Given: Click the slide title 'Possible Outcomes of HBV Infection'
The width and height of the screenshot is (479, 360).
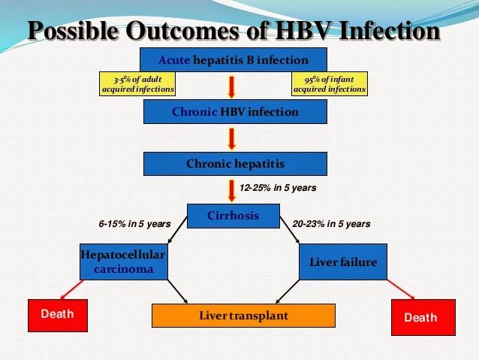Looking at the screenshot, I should pyautogui.click(x=233, y=31).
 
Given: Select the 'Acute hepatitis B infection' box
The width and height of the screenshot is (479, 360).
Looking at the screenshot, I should pyautogui.click(x=234, y=59).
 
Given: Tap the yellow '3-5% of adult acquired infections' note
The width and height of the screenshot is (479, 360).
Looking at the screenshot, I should pyautogui.click(x=137, y=84).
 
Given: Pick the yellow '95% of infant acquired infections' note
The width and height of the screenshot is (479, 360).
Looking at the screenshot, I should pyautogui.click(x=330, y=84).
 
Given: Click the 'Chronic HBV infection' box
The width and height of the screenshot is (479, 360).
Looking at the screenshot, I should pyautogui.click(x=235, y=112).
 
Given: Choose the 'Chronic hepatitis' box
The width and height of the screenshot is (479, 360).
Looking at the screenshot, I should pyautogui.click(x=235, y=163).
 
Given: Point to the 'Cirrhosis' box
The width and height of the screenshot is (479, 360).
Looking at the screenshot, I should pyautogui.click(x=233, y=216).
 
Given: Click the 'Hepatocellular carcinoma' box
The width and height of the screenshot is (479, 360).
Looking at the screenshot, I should pyautogui.click(x=123, y=262).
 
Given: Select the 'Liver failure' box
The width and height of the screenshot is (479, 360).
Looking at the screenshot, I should pyautogui.click(x=343, y=262).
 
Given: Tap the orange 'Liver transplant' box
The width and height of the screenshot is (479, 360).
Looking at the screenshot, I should pyautogui.click(x=243, y=316).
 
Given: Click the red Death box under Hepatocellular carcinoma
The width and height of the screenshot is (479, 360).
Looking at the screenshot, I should pyautogui.click(x=58, y=314).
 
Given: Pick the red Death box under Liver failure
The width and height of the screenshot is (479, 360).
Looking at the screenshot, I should pyautogui.click(x=423, y=316).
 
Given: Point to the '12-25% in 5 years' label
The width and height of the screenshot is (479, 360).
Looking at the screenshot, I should pyautogui.click(x=277, y=188).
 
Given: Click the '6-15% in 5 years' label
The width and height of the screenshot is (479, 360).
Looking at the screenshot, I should pyautogui.click(x=134, y=224).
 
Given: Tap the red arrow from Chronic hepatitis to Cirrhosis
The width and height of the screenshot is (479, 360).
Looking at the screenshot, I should pyautogui.click(x=232, y=189).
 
